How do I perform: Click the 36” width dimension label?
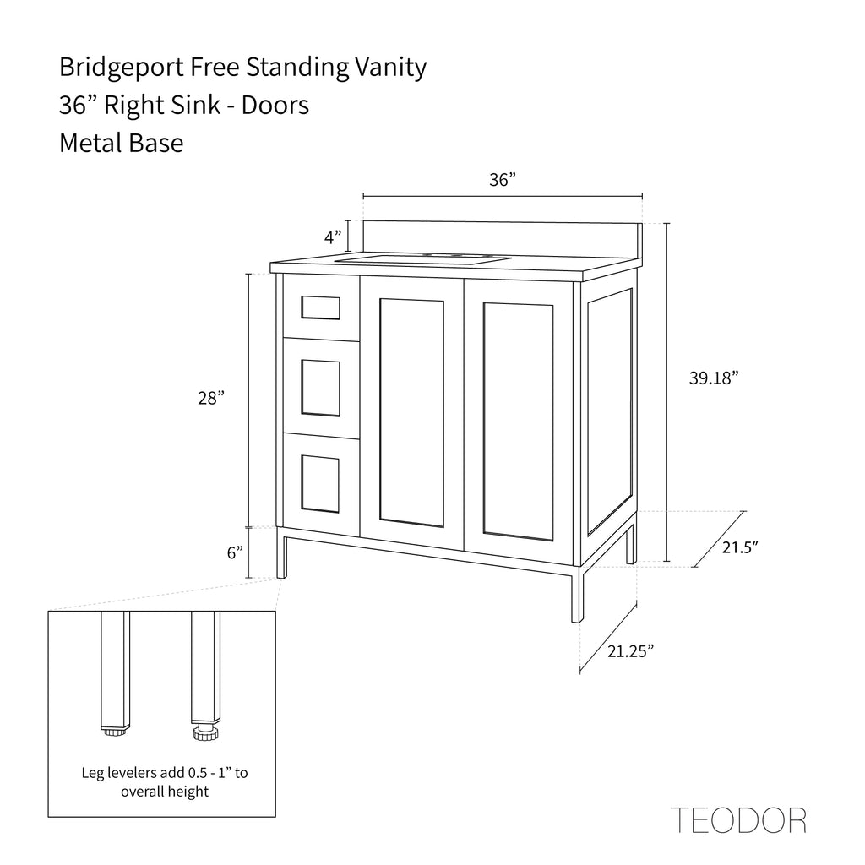click(502, 180)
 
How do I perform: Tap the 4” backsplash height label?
click(333, 237)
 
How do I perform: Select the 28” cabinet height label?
click(211, 398)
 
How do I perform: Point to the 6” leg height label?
click(235, 552)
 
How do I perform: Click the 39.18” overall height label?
click(714, 378)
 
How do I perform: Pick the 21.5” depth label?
click(740, 547)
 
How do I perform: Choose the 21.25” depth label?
click(630, 651)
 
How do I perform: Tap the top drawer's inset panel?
click(320, 307)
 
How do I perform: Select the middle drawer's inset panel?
click(320, 388)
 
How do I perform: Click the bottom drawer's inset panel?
click(320, 484)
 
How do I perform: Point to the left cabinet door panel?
click(411, 412)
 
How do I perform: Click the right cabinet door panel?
click(518, 421)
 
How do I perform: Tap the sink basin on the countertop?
click(424, 259)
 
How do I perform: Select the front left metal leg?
click(281, 553)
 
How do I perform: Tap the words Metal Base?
click(122, 143)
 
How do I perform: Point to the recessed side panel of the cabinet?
click(610, 411)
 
